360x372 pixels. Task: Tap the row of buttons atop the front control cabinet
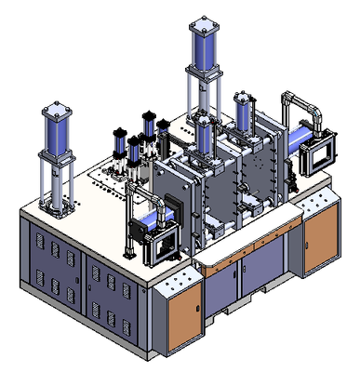pos(175,279)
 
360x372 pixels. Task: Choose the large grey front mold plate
pos(191,200)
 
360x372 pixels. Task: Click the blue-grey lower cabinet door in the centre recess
pos(257,279)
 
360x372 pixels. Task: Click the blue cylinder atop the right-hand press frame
pos(245,114)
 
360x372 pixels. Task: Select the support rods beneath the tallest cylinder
pos(202,93)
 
